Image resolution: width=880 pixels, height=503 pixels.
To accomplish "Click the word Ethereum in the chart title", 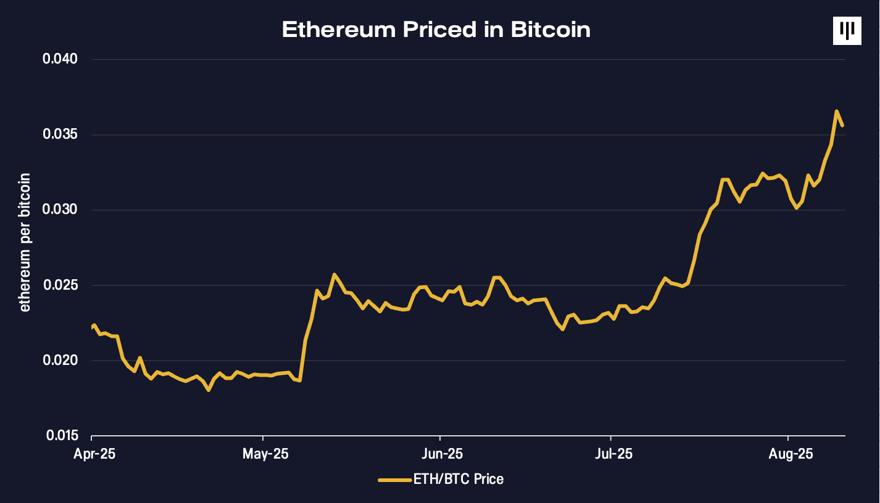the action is [x=339, y=30].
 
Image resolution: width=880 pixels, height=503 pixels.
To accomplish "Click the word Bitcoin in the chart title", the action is [x=550, y=30].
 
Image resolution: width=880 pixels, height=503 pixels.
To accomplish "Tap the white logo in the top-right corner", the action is [x=847, y=31].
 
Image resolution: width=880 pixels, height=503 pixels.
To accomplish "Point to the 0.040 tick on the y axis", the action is [x=60, y=59].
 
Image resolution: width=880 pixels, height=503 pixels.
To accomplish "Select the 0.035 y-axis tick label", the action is [x=60, y=134].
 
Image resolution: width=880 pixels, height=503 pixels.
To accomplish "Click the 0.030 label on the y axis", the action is [x=60, y=210].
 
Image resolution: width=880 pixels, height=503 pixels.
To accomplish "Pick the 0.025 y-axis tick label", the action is [x=60, y=285].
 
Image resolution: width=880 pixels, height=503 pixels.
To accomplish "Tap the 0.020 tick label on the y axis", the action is [x=60, y=360].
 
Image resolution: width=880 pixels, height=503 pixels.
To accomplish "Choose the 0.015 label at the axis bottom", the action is [x=62, y=436].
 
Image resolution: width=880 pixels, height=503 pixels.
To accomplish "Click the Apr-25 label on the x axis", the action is [x=94, y=454].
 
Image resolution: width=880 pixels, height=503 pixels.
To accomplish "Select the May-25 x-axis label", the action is [x=265, y=454].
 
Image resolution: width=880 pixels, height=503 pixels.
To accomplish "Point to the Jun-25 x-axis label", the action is [x=442, y=454].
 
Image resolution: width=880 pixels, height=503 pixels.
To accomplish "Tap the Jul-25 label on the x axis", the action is [x=613, y=454].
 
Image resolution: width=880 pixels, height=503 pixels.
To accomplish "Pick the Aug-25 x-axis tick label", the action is [x=791, y=454].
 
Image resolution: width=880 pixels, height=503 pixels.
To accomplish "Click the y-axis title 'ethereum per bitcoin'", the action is [x=25, y=242].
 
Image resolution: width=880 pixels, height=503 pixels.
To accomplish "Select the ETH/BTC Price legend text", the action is [x=459, y=479].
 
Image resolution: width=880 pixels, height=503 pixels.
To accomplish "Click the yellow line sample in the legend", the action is [x=395, y=480].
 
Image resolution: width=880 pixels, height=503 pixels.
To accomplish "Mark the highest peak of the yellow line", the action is [x=836, y=112].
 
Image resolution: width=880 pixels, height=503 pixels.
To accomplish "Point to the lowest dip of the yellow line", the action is [x=208, y=390].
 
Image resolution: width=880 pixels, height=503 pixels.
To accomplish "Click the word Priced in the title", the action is [x=439, y=30].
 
